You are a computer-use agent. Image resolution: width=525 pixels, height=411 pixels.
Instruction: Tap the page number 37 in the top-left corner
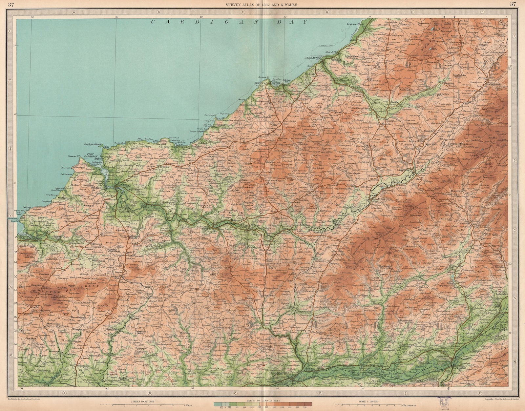click(11, 4)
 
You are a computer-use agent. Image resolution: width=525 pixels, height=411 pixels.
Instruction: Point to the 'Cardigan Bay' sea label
click(230, 22)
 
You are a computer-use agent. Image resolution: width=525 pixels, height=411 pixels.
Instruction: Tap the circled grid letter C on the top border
click(243, 11)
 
